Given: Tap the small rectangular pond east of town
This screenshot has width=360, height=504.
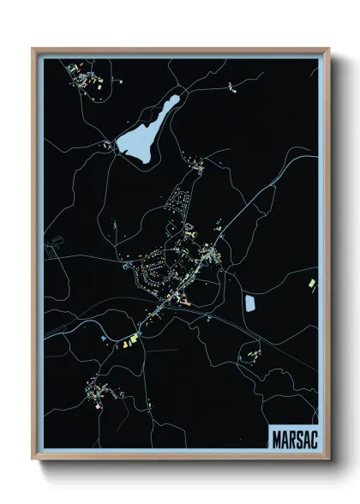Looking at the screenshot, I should tap(250, 303).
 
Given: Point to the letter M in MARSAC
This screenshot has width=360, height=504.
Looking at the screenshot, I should tap(275, 438).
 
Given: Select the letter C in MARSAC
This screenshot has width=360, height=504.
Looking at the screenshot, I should tap(313, 438).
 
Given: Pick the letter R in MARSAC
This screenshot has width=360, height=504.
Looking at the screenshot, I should tap(291, 438).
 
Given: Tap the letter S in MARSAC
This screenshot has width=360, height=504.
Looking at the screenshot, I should tap(298, 438).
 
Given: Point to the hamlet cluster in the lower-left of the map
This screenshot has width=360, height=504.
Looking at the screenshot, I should tap(99, 394).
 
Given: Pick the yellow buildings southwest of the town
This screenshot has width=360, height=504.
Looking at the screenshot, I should tap(129, 342).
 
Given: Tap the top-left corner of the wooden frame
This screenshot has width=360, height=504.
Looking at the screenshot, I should tap(33, 49).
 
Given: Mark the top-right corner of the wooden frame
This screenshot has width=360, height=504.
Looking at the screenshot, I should tap(328, 49).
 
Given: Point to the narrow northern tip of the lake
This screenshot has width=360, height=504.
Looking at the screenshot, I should tap(176, 98).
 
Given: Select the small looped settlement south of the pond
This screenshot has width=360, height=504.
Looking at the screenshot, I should tap(252, 351).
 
